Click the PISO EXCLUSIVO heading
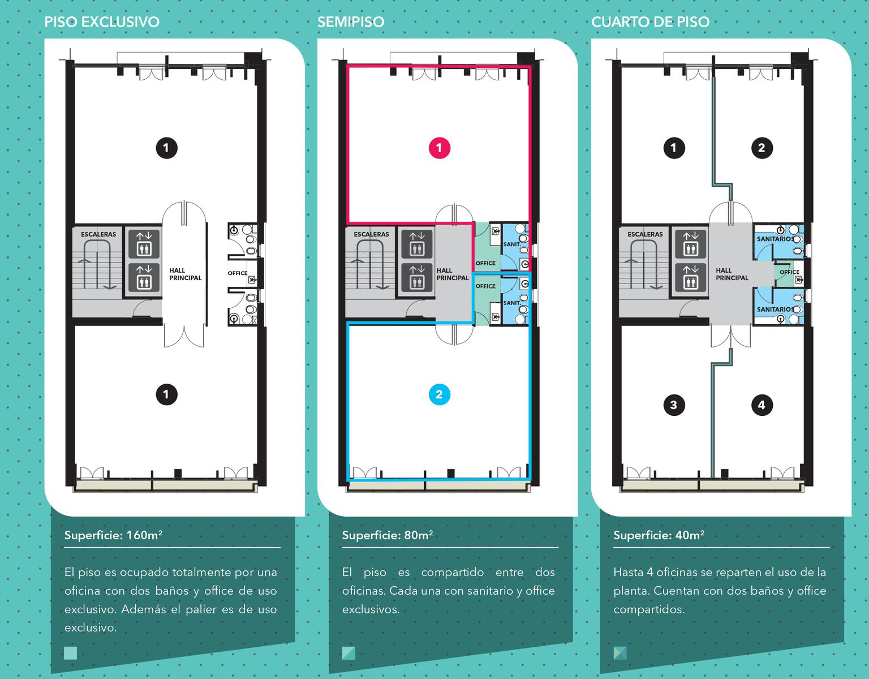pos(102,22)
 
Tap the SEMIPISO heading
pos(351,22)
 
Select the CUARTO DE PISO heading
pos(650,22)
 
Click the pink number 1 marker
pos(440,148)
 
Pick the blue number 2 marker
pos(440,394)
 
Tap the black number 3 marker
pos(674,405)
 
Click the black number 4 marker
pos(762,405)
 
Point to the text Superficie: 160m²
pos(113,535)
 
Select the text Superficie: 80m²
pos(387,535)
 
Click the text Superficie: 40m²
pos(659,535)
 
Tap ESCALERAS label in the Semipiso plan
pos(371,234)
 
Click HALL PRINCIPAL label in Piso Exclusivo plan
pos(185,274)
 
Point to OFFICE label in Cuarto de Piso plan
pos(789,272)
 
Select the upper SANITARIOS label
pos(776,239)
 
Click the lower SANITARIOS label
pos(776,309)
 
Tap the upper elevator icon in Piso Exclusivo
pos(144,243)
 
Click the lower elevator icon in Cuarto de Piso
pos(690,277)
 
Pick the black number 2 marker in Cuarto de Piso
pos(762,148)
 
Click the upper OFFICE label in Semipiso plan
pos(485,263)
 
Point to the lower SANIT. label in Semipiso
pos(512,303)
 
